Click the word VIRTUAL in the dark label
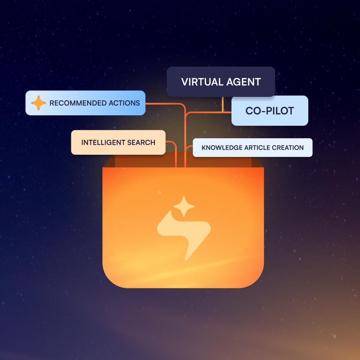(x=200, y=82)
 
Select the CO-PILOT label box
(x=270, y=111)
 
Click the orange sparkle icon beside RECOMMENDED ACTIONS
(x=38, y=103)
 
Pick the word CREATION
(x=288, y=148)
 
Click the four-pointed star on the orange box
(x=184, y=207)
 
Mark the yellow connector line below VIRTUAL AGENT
(x=223, y=104)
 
